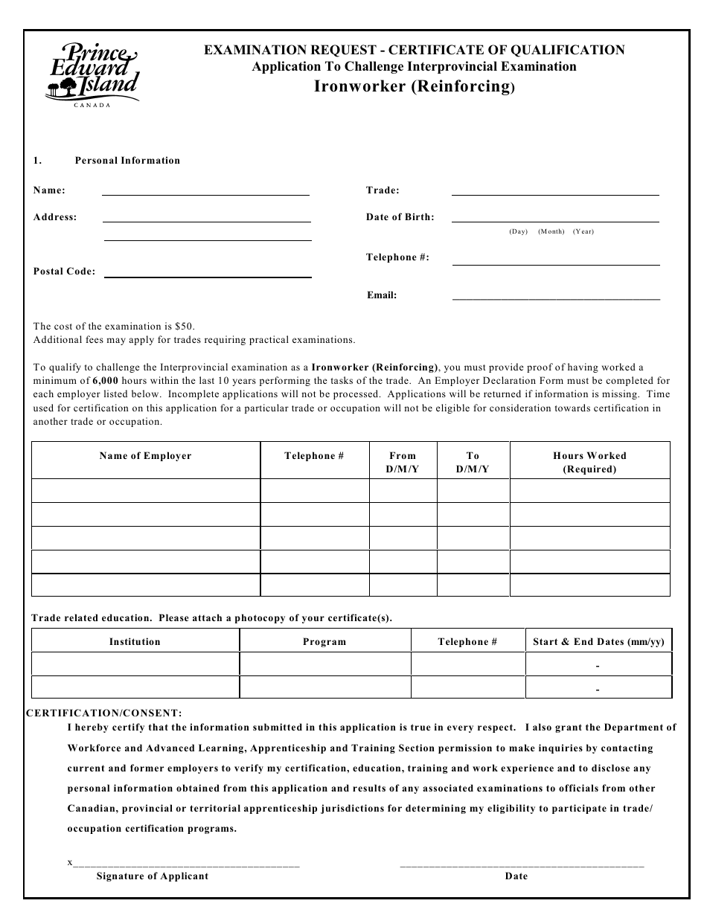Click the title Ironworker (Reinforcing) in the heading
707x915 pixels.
click(414, 86)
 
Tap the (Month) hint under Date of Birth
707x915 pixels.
click(551, 231)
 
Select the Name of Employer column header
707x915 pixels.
click(146, 456)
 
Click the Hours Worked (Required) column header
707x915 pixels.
click(589, 462)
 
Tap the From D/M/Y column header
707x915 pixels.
click(403, 462)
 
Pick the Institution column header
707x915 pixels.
click(135, 641)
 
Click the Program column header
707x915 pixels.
click(324, 641)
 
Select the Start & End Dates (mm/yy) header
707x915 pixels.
click(598, 641)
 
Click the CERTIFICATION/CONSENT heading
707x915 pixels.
click(103, 713)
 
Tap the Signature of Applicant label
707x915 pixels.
click(153, 876)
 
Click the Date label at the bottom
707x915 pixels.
click(516, 876)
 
